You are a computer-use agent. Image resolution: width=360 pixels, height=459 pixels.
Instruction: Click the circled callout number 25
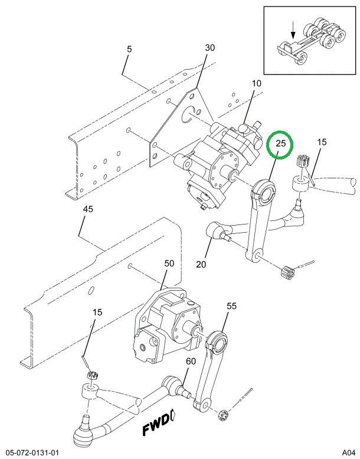[281, 144]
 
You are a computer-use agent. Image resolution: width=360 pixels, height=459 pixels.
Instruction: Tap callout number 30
[210, 48]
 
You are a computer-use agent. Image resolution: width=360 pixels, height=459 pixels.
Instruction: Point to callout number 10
[256, 83]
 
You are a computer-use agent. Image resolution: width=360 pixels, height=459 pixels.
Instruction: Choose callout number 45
[87, 210]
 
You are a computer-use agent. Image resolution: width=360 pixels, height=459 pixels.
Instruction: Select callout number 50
[169, 263]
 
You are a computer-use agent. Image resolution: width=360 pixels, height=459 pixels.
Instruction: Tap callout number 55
[231, 306]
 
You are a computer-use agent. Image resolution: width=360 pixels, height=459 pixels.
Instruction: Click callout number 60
[191, 362]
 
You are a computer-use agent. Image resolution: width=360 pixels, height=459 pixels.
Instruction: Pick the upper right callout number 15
[322, 142]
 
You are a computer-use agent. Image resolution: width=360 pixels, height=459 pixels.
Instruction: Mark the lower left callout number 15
[97, 312]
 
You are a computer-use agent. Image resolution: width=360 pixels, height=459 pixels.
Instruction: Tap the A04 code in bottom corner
[348, 453]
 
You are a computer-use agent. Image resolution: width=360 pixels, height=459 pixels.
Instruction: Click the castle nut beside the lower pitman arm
[224, 415]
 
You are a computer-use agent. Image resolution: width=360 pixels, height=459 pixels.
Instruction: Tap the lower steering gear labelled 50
[165, 325]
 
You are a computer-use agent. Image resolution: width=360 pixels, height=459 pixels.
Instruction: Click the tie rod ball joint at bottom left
[82, 435]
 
